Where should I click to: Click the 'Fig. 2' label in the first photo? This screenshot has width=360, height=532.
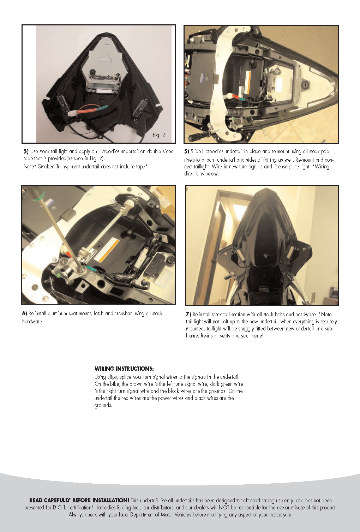click(159, 135)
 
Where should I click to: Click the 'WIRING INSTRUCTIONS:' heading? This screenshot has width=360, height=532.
click(124, 369)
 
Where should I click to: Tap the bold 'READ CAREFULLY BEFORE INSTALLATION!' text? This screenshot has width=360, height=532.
click(79, 500)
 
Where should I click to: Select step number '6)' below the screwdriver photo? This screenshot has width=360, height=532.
click(25, 313)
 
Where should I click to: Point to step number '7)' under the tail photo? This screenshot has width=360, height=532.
click(189, 314)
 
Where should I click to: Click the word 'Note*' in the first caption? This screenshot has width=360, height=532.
click(30, 166)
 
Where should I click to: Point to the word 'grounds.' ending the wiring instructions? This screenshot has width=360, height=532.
click(103, 405)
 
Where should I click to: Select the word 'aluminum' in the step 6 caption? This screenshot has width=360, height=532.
click(58, 313)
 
